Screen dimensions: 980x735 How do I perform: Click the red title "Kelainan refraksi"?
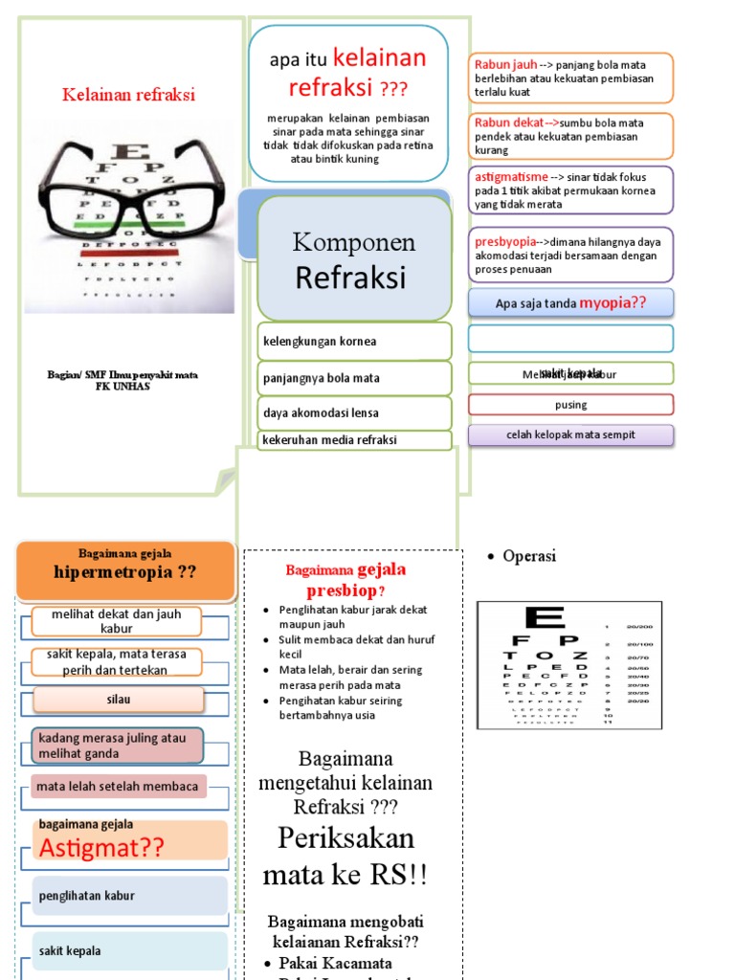click(128, 95)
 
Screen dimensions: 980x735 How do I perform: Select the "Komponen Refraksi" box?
click(353, 259)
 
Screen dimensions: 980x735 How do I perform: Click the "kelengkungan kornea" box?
click(353, 342)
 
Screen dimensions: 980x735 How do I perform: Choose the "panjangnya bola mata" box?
click(353, 378)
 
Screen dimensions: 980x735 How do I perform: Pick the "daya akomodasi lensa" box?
click(353, 413)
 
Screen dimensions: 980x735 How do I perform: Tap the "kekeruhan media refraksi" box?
click(353, 440)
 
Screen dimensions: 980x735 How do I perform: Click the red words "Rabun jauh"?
click(505, 65)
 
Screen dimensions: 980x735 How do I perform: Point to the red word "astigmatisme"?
click(511, 177)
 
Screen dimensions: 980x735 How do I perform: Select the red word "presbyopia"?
click(505, 242)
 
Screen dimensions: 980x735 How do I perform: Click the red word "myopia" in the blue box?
click(606, 302)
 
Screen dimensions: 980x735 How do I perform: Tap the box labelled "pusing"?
click(570, 405)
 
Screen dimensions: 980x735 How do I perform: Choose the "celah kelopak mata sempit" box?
click(570, 435)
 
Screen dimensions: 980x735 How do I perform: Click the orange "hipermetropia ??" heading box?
click(125, 571)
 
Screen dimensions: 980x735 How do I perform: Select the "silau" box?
click(119, 700)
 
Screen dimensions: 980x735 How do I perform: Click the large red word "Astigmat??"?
click(101, 847)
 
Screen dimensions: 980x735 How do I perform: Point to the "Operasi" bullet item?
click(528, 556)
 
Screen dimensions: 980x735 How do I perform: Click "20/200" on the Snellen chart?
click(640, 626)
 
